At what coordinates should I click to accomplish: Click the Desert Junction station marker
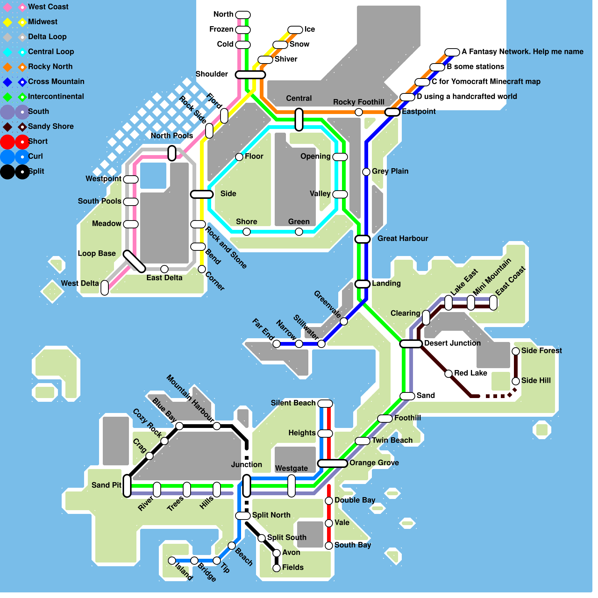tap(411, 344)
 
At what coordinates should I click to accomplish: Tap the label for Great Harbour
tap(403, 238)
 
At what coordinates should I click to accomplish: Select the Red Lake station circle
tap(449, 374)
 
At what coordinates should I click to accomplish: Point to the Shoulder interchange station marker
tap(250, 75)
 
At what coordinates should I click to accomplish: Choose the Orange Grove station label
tap(374, 463)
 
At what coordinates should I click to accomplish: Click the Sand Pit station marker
tap(127, 486)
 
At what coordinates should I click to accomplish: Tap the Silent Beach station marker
tap(325, 404)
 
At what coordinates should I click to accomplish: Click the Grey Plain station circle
tap(366, 172)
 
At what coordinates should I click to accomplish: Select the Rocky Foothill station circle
tap(359, 112)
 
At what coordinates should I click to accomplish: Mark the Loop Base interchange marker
tap(135, 262)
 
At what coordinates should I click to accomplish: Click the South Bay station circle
tap(329, 546)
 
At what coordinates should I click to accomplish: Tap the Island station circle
tap(172, 561)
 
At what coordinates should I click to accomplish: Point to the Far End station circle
tap(277, 344)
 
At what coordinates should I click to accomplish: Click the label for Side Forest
tap(542, 351)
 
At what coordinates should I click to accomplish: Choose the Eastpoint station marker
tap(392, 112)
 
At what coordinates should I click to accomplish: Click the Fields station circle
tap(277, 568)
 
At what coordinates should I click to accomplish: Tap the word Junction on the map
tap(247, 465)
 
